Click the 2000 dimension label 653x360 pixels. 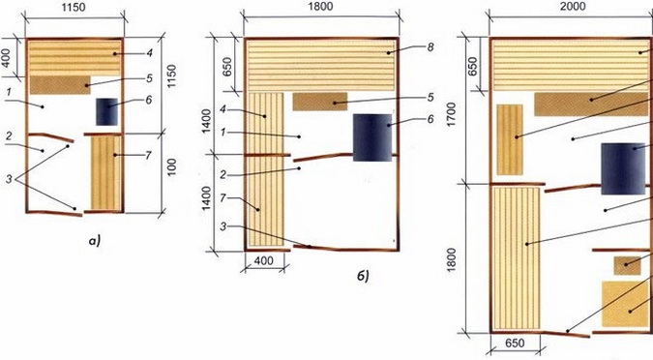coord(573,6)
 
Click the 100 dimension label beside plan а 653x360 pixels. coord(171,166)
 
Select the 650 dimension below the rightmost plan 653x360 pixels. coord(515,344)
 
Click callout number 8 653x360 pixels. coord(430,46)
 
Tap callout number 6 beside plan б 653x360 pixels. coord(430,119)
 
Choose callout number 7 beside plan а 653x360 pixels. coord(148,156)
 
